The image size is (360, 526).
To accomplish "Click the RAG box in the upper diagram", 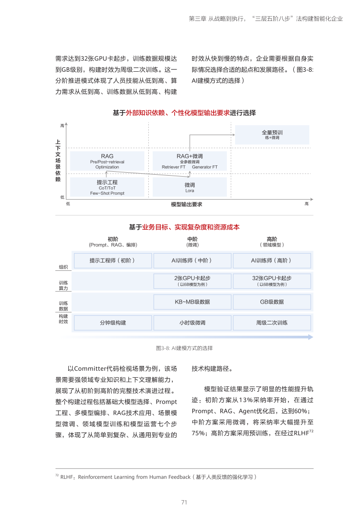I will pyautogui.click(x=107, y=161).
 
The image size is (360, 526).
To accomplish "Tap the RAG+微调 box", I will pyautogui.click(x=190, y=161).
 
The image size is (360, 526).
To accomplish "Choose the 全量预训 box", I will pyautogui.click(x=272, y=134).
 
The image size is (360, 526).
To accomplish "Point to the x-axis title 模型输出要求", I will pyautogui.click(x=186, y=204).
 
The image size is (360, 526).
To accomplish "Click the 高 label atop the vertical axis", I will pyautogui.click(x=62, y=126).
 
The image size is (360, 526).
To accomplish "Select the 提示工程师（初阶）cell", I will pyautogui.click(x=112, y=261).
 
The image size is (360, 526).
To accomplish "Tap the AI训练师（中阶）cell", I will pyautogui.click(x=192, y=261).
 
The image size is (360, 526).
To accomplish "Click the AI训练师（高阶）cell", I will pyautogui.click(x=272, y=261).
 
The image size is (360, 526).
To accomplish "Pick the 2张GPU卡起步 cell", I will pyautogui.click(x=192, y=281).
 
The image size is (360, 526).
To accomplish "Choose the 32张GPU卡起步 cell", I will pyautogui.click(x=272, y=281).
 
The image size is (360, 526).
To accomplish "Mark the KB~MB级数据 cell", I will pyautogui.click(x=192, y=302).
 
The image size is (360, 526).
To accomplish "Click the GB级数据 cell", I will pyautogui.click(x=272, y=302).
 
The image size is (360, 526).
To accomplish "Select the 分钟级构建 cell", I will pyautogui.click(x=112, y=323).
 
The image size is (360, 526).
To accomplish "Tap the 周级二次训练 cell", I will pyautogui.click(x=272, y=323).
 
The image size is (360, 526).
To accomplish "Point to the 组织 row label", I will pyautogui.click(x=63, y=267).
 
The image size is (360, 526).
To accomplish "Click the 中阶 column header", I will pyautogui.click(x=192, y=239).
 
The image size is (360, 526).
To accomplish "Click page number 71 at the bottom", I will pyautogui.click(x=184, y=502).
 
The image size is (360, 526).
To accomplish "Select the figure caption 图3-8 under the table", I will pyautogui.click(x=184, y=348).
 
